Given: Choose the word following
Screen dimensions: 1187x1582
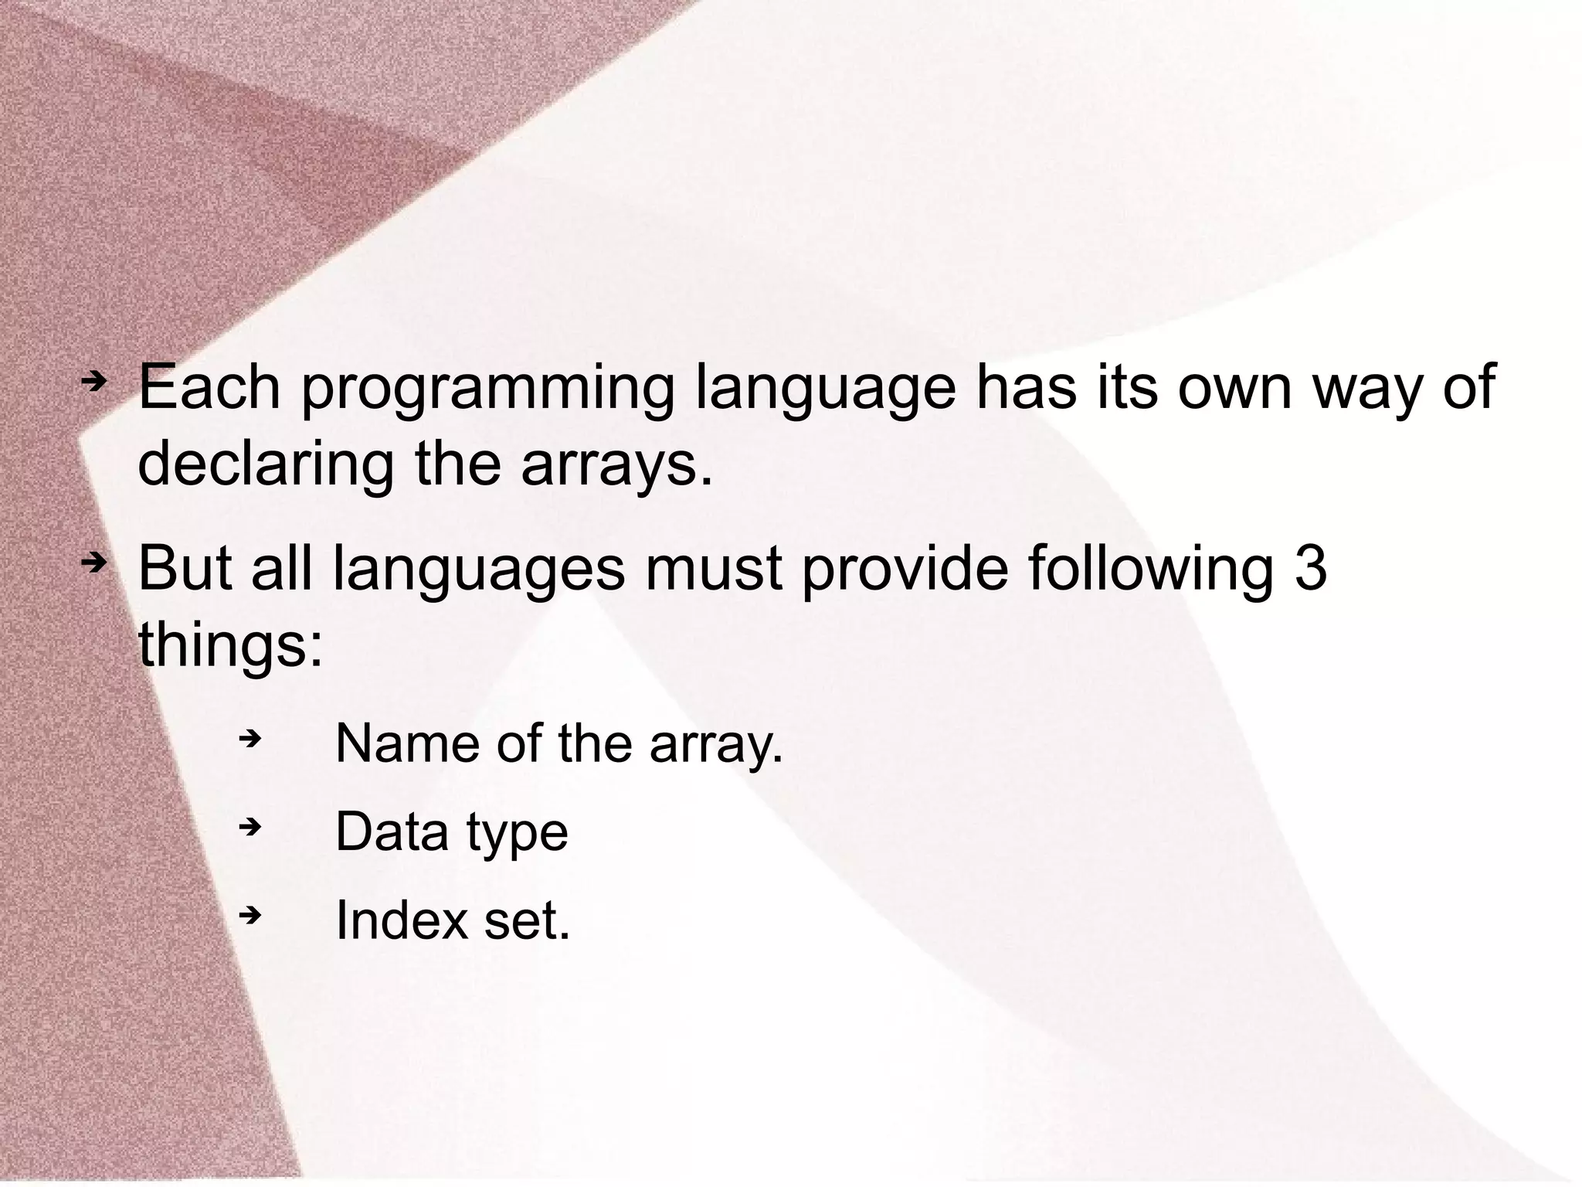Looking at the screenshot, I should coord(1150,570).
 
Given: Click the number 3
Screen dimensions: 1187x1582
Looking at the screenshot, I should coord(1309,569).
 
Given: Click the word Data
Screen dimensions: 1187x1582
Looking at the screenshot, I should coord(392,832).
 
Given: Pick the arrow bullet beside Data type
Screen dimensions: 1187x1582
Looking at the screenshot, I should coord(250,828).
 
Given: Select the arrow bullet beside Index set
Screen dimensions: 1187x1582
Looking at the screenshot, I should coord(250,917).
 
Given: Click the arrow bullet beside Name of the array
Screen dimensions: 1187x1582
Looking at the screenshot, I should coord(250,740).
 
